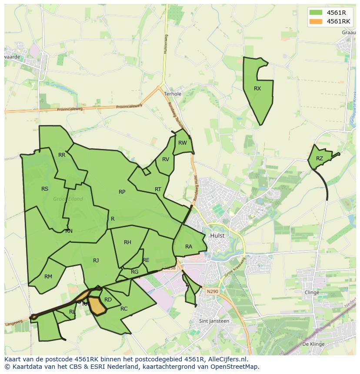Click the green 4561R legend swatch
tap(316, 12)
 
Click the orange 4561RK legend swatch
tap(316, 21)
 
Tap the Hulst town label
tap(217, 235)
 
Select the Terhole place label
tap(173, 94)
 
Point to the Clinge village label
tap(312, 292)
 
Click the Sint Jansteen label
tap(213, 321)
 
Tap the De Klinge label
tap(313, 344)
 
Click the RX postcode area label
tap(257, 89)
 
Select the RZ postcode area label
tap(320, 159)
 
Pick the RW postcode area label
tap(183, 143)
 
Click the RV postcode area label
tap(166, 159)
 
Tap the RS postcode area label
tap(45, 189)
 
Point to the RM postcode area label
tap(48, 277)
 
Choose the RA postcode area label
tap(189, 247)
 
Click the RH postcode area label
tap(127, 242)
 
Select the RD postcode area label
tap(108, 300)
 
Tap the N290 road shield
tap(213, 291)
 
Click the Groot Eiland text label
tap(68, 199)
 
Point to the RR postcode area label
tap(62, 155)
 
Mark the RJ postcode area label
tap(96, 261)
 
